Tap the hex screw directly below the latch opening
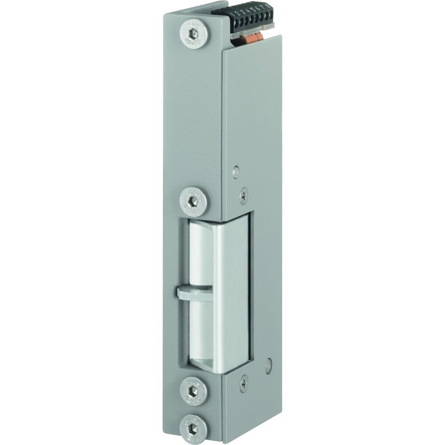[193, 391]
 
